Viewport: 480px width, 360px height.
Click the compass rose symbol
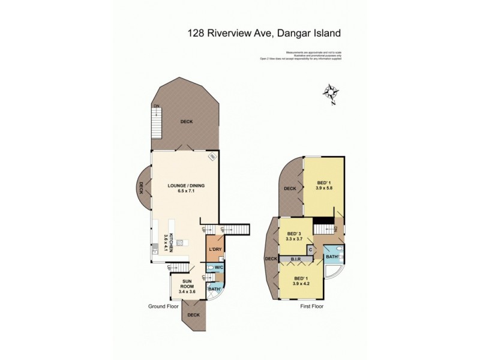[331, 93]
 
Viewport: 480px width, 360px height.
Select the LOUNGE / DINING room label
[186, 186]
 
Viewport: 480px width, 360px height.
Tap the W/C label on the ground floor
[219, 268]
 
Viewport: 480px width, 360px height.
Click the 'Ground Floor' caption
[164, 306]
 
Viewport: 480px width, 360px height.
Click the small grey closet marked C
[311, 249]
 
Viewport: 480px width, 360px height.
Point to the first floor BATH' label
[332, 257]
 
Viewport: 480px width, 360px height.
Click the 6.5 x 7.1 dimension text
[186, 192]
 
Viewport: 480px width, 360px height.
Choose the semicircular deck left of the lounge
[143, 191]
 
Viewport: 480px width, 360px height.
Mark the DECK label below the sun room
[193, 314]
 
